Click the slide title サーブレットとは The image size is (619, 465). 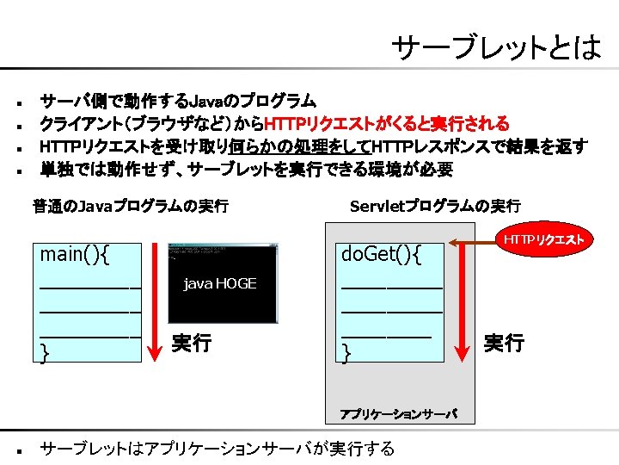(496, 47)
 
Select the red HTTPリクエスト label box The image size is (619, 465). (543, 239)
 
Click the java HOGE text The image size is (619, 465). (220, 284)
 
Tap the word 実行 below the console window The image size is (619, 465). (191, 344)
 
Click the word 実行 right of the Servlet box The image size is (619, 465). (504, 344)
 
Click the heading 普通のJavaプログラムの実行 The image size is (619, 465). (130, 206)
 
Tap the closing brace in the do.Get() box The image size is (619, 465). (346, 352)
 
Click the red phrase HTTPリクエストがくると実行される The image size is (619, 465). (386, 123)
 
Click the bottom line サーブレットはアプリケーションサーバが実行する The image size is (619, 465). (218, 449)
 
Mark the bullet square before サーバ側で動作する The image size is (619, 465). (18, 102)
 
